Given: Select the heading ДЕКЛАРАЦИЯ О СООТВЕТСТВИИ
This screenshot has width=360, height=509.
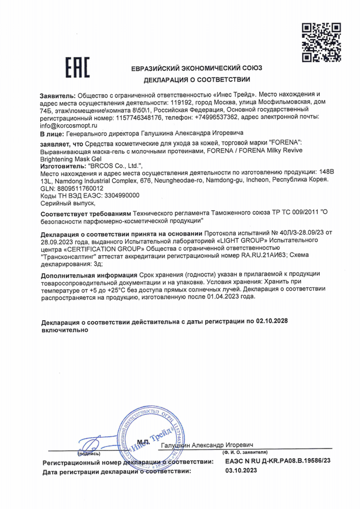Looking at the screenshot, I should click(197, 80).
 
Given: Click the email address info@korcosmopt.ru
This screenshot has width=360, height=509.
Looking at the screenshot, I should click(67, 125).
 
